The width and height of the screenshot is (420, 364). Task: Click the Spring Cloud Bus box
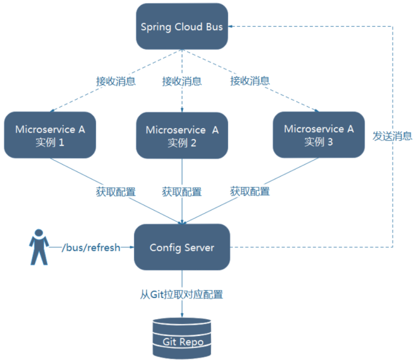(182, 26)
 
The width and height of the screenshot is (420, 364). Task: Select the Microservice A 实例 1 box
(50, 135)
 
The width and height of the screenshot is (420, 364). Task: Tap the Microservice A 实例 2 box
(182, 135)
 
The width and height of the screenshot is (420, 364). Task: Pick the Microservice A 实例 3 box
(319, 135)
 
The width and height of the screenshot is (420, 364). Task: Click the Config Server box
(182, 247)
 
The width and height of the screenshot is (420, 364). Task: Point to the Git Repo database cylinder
(182, 338)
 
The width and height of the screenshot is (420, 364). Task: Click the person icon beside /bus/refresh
(39, 247)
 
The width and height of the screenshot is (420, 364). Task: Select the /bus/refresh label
(91, 247)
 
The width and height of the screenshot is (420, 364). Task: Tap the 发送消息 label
(393, 136)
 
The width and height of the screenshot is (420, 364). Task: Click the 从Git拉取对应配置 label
(182, 294)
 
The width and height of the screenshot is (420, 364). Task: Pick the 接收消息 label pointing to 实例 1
(116, 81)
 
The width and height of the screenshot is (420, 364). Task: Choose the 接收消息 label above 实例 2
(182, 81)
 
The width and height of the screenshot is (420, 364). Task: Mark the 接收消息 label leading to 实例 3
(250, 81)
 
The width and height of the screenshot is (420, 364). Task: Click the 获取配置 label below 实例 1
(116, 192)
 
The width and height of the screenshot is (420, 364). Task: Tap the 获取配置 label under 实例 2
(182, 192)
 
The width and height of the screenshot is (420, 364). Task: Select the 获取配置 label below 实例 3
(250, 192)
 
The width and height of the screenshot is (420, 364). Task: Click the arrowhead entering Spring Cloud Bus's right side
(230, 26)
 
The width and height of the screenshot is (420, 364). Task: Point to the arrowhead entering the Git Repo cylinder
(182, 315)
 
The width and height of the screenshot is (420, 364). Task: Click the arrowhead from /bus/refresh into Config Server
(132, 247)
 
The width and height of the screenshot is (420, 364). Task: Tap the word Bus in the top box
(214, 27)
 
